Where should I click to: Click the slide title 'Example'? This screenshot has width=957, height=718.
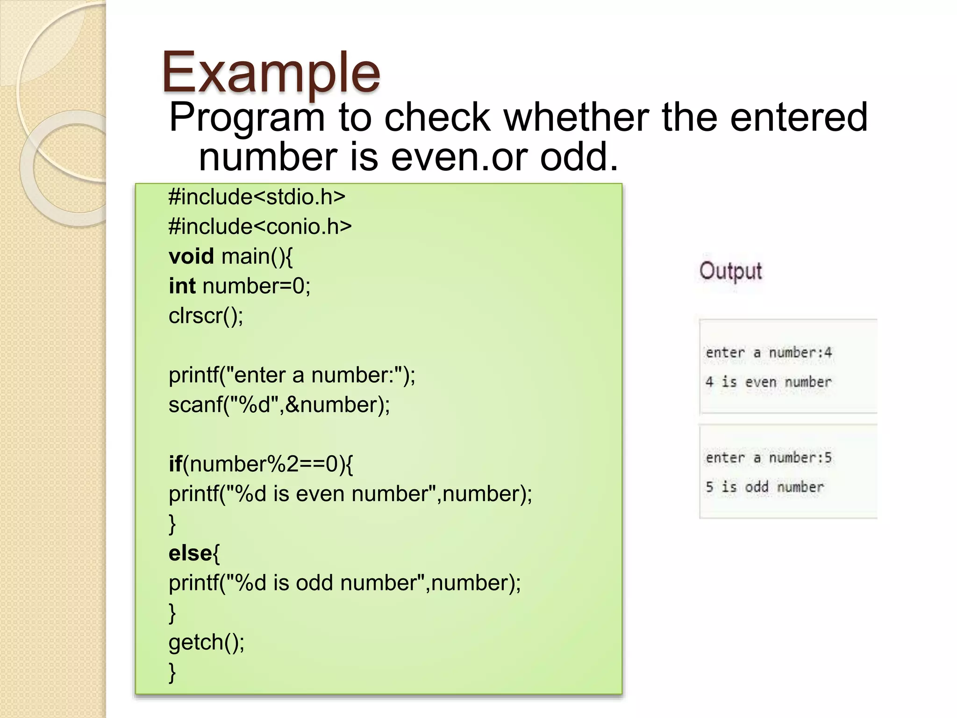pyautogui.click(x=271, y=72)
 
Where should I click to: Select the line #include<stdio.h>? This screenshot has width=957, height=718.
pyautogui.click(x=257, y=197)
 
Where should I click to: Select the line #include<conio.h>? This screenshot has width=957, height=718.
pyautogui.click(x=260, y=227)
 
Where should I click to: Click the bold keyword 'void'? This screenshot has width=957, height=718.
pyautogui.click(x=191, y=256)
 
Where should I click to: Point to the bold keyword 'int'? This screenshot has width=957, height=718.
pyautogui.click(x=182, y=286)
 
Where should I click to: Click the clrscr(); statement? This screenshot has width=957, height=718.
pyautogui.click(x=206, y=316)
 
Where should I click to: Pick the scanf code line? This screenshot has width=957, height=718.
pyautogui.click(x=279, y=405)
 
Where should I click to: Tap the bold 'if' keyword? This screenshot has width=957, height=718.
pyautogui.click(x=175, y=464)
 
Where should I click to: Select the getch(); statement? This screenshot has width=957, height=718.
pyautogui.click(x=206, y=642)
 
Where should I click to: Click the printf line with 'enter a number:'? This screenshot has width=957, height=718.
pyautogui.click(x=292, y=375)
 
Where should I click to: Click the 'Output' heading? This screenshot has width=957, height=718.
pyautogui.click(x=730, y=271)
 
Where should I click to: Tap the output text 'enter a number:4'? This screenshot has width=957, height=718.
pyautogui.click(x=769, y=352)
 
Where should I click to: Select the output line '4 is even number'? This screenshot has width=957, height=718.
pyautogui.click(x=769, y=382)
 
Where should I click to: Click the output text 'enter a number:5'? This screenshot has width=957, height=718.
pyautogui.click(x=769, y=458)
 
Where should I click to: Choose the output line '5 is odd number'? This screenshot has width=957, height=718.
pyautogui.click(x=764, y=487)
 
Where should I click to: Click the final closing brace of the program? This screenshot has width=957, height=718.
pyautogui.click(x=172, y=672)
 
